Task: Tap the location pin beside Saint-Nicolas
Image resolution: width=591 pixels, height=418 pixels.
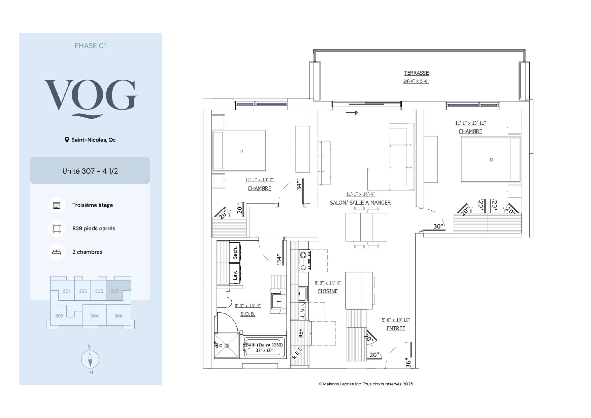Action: (67, 140)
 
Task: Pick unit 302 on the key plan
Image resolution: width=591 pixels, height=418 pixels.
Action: (59, 316)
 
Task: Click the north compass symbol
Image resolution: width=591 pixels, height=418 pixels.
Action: (90, 359)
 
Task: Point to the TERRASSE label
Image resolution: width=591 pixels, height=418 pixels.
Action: (416, 73)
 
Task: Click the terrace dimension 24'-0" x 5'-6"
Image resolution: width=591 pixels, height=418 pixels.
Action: (416, 81)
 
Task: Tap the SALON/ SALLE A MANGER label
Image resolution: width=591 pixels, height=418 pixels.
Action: (360, 203)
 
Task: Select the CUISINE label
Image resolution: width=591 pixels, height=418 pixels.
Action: (328, 291)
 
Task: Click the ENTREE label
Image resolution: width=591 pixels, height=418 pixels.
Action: (396, 328)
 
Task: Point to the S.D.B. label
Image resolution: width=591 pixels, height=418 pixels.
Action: (248, 314)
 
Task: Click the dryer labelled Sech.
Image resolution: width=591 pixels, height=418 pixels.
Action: (235, 252)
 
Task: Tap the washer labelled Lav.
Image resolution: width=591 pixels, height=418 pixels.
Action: (235, 274)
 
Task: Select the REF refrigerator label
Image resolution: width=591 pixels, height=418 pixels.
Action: (301, 333)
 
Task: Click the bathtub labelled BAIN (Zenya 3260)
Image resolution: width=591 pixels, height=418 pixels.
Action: (265, 347)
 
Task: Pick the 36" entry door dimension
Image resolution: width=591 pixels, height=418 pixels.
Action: (408, 363)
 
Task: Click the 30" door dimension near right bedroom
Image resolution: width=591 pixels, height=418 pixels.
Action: (438, 226)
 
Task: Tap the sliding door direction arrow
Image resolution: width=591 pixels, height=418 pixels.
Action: (352, 113)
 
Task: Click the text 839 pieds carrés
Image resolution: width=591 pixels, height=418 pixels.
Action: (94, 229)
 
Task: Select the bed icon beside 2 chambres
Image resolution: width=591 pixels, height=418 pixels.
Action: (57, 252)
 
